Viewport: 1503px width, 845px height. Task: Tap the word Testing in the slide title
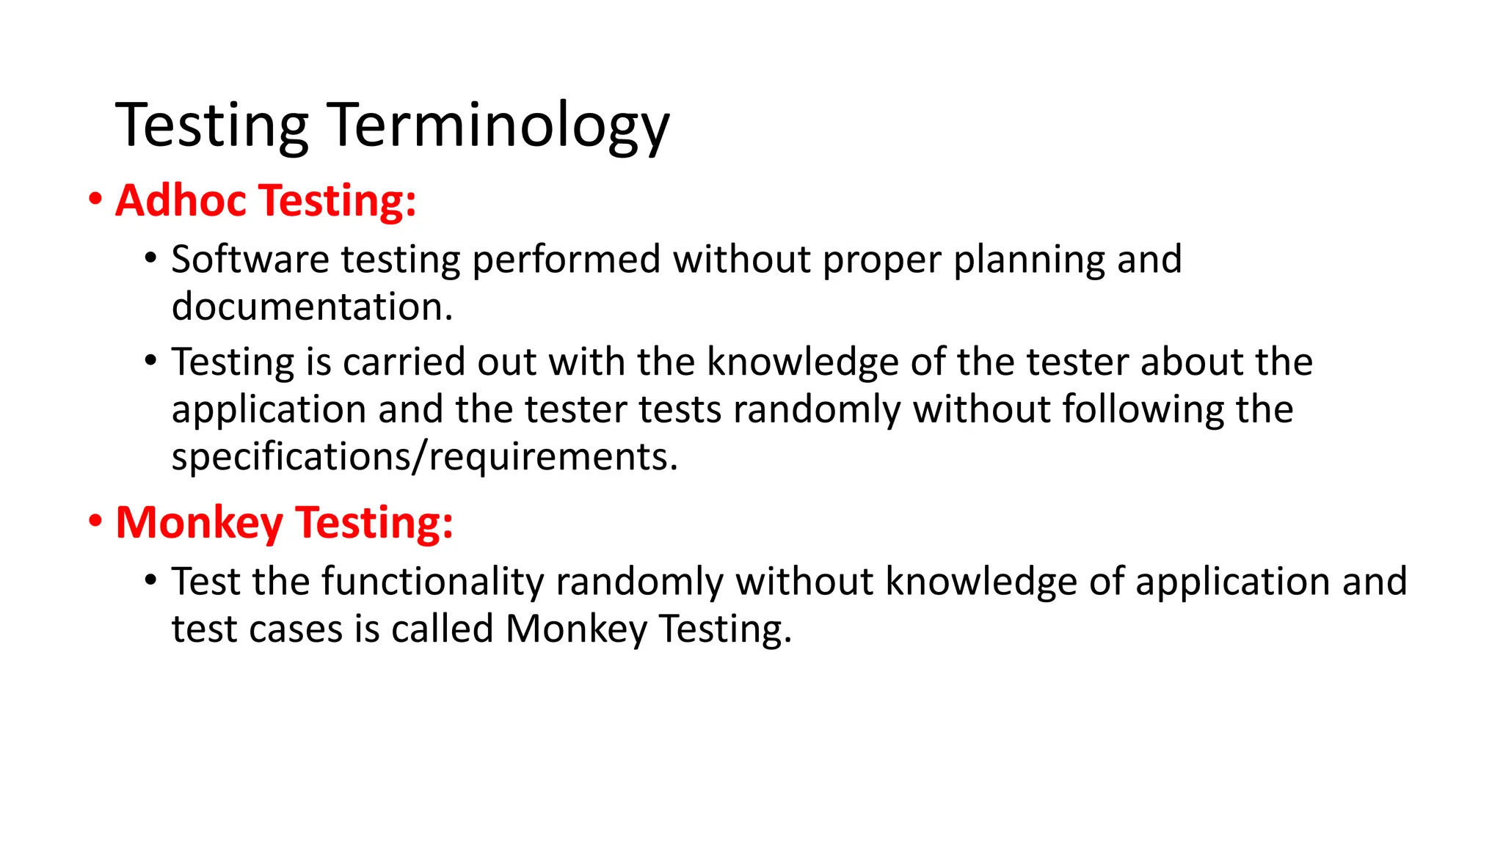211,126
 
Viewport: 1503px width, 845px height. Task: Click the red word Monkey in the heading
199,523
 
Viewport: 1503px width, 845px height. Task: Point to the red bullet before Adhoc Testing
95,200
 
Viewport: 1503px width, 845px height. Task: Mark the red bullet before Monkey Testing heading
95,522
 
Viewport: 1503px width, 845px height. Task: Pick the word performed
566,260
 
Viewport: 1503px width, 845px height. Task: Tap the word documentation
312,307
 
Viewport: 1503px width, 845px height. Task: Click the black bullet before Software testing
151,258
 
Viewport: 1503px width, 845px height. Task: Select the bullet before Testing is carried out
151,361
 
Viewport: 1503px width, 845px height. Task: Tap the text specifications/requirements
424,457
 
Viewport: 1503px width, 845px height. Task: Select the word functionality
432,582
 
